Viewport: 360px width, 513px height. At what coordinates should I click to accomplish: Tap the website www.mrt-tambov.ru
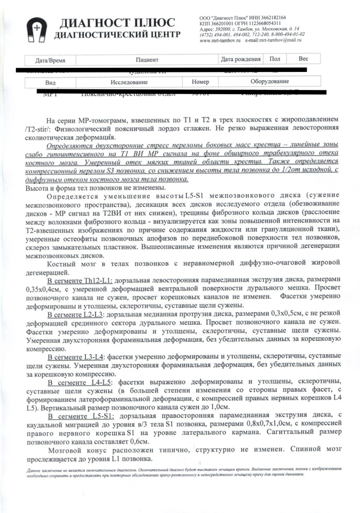click(x=220, y=40)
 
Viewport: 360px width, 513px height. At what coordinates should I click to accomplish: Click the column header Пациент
click(x=148, y=60)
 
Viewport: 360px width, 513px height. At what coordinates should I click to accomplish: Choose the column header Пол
click(x=275, y=60)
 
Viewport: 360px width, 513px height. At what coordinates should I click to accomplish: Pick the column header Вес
click(x=303, y=59)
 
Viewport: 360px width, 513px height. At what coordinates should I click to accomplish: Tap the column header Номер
click(x=200, y=82)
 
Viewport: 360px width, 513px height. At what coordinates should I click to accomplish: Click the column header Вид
click(x=50, y=82)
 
